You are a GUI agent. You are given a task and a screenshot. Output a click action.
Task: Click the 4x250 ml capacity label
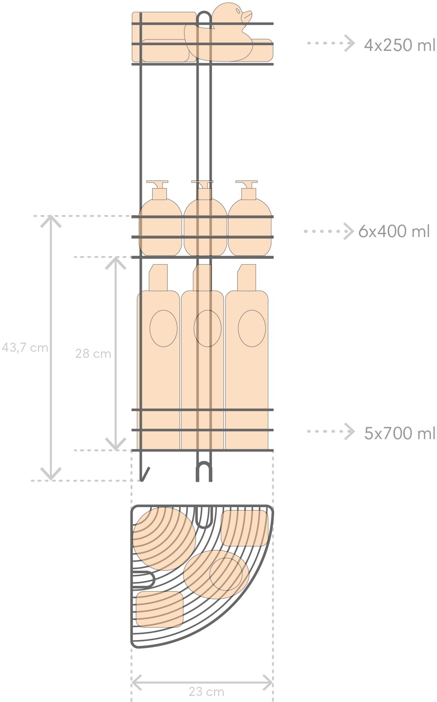pos(399,45)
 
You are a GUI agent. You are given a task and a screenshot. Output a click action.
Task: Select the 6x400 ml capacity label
pos(394,231)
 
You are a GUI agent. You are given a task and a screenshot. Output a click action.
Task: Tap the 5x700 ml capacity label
pos(399,433)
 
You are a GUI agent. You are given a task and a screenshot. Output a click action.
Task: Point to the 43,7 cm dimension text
pos(25,348)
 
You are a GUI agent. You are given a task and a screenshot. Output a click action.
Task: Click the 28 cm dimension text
pos(93,354)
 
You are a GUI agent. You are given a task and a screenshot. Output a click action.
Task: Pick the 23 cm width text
pos(207,692)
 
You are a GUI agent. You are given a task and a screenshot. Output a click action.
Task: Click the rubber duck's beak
pos(247,16)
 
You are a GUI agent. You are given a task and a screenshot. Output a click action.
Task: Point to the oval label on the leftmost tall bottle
pos(163,328)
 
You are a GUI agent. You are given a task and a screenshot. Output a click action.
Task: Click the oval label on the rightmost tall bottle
pos(252,328)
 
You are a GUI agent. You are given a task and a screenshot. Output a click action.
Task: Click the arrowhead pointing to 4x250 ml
pos(349,43)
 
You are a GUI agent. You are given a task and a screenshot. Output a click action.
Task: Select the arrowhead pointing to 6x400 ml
pos(349,231)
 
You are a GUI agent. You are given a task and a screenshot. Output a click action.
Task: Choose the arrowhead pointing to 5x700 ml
pos(349,432)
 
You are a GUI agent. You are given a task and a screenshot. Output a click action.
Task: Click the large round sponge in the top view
pos(164,539)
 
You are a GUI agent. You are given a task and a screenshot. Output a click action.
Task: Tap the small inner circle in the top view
pos(226,574)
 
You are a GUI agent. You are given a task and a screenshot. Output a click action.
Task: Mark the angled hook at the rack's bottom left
pos(145,474)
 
